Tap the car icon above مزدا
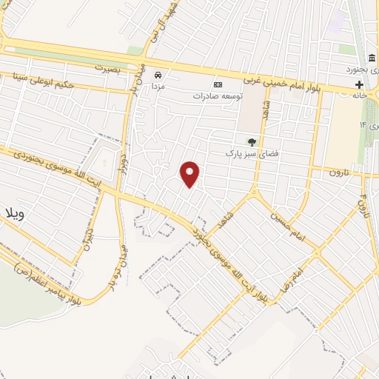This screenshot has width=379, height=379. click(158, 76)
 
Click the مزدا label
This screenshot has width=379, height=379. click(158, 87)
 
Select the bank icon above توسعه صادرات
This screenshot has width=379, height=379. click(218, 84)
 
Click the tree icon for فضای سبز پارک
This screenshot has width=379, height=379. click(252, 141)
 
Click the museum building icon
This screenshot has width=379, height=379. click(370, 58)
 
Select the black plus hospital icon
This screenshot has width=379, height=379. click(359, 84)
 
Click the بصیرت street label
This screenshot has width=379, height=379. click(107, 67)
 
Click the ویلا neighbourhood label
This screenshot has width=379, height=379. click(16, 215)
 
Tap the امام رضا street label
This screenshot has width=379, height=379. click(289, 275)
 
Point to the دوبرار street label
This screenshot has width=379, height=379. click(125, 167)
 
